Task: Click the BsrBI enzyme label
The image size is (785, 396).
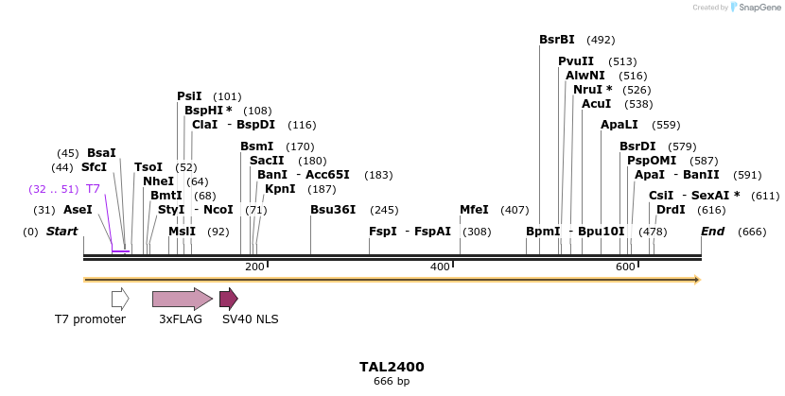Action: point(557,40)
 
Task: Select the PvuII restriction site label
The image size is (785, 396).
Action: point(576,61)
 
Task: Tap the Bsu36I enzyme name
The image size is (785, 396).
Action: point(333,210)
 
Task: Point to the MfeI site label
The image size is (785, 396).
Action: point(474,210)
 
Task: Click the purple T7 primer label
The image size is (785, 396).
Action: point(93,189)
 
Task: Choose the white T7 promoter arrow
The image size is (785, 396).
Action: point(120,300)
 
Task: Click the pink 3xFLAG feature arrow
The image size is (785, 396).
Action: point(183,300)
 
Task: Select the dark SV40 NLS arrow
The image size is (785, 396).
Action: point(228,300)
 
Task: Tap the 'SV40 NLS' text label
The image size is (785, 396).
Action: point(250,319)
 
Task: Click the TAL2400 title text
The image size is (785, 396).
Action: point(392,367)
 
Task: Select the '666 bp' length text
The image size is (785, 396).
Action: point(392,382)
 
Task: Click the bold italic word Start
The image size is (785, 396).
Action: point(62,232)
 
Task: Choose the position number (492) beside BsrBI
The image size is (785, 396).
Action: point(601,40)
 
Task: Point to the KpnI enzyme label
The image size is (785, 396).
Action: point(280,189)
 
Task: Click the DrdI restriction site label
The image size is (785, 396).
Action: point(671,210)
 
